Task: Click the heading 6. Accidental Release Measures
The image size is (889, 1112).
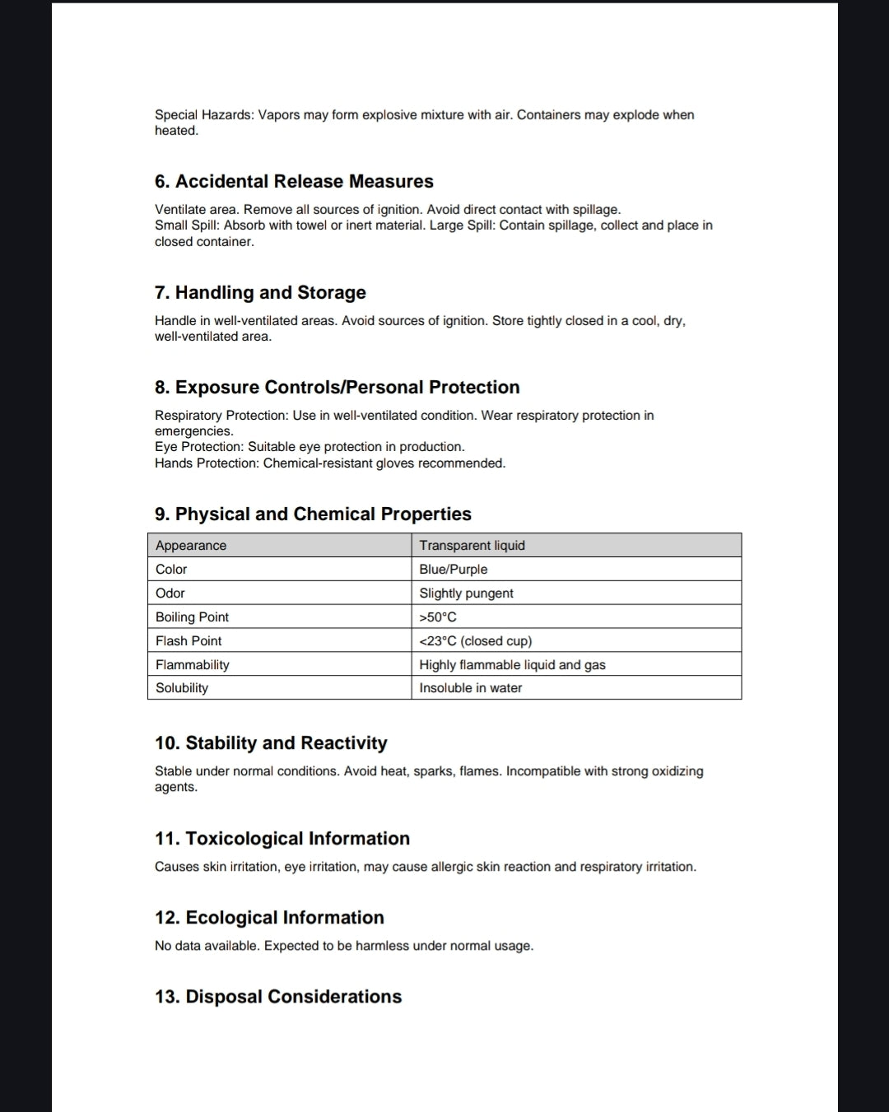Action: (294, 181)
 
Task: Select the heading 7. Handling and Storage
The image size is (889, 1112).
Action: (260, 292)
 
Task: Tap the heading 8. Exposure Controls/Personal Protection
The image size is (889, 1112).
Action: (337, 387)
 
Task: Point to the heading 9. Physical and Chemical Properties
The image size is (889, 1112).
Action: (313, 514)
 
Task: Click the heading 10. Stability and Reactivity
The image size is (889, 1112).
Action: (271, 742)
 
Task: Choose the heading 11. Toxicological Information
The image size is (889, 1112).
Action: (282, 838)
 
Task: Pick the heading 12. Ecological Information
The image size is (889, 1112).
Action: (269, 917)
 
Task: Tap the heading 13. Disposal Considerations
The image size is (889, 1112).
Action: (278, 996)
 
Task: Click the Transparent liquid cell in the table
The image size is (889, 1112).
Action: (472, 545)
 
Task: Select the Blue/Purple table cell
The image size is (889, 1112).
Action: (453, 569)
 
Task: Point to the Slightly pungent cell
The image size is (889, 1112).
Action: (466, 593)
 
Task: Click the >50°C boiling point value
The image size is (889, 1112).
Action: (438, 616)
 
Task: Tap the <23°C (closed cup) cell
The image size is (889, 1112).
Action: (475, 640)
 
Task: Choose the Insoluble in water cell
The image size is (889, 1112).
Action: (470, 687)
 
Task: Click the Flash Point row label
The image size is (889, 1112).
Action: (189, 640)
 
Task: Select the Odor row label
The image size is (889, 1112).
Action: (170, 593)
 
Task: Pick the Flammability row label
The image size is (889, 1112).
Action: (193, 664)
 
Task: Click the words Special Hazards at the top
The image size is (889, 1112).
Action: (203, 114)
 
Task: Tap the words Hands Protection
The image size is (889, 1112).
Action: (205, 463)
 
